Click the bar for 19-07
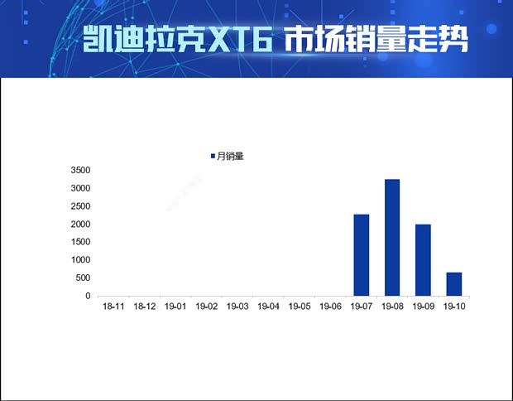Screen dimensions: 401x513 361,255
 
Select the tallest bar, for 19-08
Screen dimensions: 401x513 392,237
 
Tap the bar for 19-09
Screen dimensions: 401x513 423,260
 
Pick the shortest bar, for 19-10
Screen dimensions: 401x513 454,283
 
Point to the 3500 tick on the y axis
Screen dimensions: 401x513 80,170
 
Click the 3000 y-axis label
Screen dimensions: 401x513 80,188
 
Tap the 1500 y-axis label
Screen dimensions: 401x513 80,242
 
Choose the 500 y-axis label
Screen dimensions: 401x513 83,278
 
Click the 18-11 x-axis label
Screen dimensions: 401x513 113,307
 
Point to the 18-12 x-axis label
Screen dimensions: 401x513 145,307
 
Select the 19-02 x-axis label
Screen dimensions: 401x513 207,307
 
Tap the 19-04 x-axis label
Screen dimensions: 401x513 269,307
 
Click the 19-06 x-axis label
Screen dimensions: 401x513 330,307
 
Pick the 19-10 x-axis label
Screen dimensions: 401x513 454,307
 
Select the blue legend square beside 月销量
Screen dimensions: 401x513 213,156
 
